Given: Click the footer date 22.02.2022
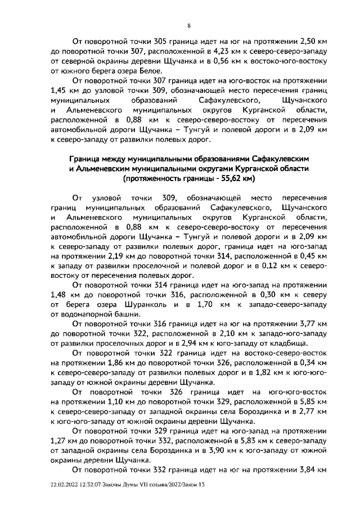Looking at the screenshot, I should [66, 492].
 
